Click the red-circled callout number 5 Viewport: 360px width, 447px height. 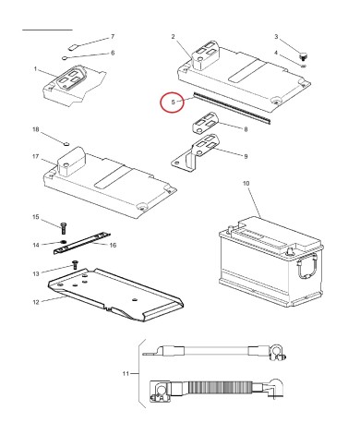tap(173, 102)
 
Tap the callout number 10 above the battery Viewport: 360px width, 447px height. tap(246, 184)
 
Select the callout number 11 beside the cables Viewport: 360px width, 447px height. tap(126, 374)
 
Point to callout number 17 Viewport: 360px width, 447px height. tap(36, 156)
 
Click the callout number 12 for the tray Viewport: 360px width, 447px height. tap(36, 302)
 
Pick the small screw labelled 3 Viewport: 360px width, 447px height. tap(304, 56)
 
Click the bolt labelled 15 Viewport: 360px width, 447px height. tap(64, 228)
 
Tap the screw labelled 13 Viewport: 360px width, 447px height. tap(75, 264)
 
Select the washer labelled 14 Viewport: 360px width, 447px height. tap(64, 242)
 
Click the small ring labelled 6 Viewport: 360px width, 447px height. tap(65, 57)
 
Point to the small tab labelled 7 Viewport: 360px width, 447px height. tap(73, 47)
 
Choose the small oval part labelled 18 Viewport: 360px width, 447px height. tap(66, 143)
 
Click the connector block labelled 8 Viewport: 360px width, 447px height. tap(205, 123)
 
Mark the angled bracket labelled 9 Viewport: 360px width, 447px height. tap(195, 152)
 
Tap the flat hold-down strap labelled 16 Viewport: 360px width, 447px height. tap(82, 243)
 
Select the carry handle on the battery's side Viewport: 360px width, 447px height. tap(306, 265)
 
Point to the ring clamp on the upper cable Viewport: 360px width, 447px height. tap(278, 353)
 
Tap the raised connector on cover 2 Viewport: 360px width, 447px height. tap(205, 54)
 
